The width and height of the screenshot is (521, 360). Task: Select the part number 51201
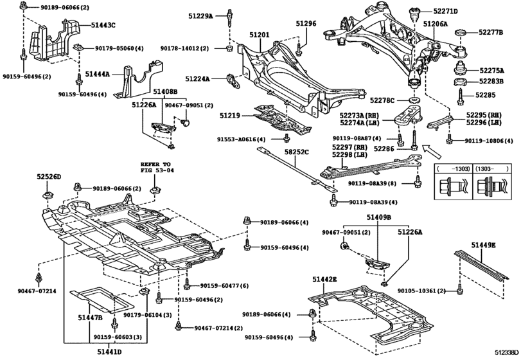(260, 37)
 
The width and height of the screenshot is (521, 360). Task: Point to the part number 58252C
(297, 152)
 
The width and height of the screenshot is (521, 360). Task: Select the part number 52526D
(48, 176)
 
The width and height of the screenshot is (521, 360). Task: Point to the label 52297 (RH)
(349, 147)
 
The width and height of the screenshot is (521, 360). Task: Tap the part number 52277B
(491, 32)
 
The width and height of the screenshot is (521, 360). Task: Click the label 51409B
(379, 217)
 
